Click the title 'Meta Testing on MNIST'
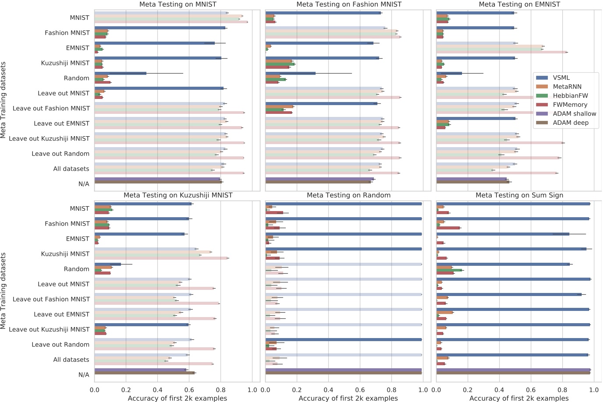pos(177,4)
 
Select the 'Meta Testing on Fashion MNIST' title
pos(348,4)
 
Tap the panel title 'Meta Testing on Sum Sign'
pos(519,195)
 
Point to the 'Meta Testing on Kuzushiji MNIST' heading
pos(178,195)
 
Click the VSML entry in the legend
pos(561,78)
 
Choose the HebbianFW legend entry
pos(570,95)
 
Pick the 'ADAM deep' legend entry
pos(570,123)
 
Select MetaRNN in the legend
pos(567,87)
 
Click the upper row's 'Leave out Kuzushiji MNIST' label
pos(49,138)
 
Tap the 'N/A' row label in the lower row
pos(84,375)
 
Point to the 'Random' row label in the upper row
pos(76,78)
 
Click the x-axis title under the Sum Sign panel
pos(519,398)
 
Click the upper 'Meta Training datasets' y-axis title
pos(4,100)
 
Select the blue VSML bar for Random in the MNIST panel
pos(121,74)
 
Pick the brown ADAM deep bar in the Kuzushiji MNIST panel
pos(145,373)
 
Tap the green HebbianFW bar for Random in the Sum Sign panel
pos(449,270)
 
